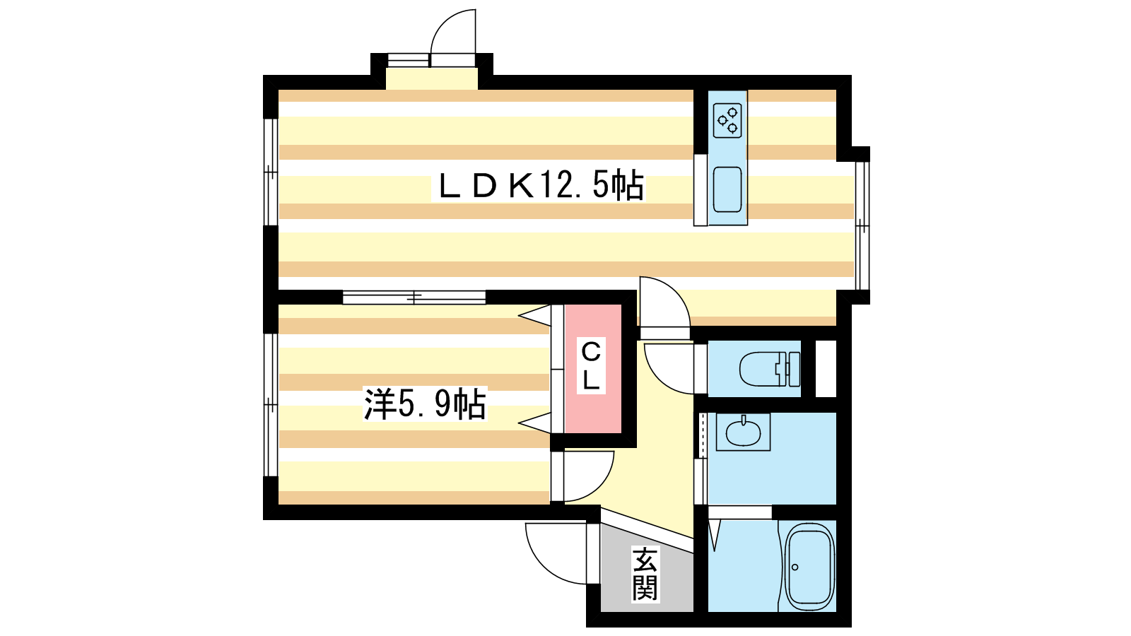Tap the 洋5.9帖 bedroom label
coord(425,404)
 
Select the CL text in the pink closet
coord(591,366)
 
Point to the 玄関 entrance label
coord(645,574)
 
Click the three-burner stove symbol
coord(727,120)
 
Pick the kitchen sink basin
coord(727,189)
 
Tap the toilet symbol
coord(770,368)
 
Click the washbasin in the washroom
coord(743,432)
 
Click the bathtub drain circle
coord(795,567)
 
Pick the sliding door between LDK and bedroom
coord(414,298)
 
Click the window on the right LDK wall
coord(862,225)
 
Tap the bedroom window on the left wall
coord(271,405)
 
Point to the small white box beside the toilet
coord(826,368)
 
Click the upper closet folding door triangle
coord(535,315)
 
